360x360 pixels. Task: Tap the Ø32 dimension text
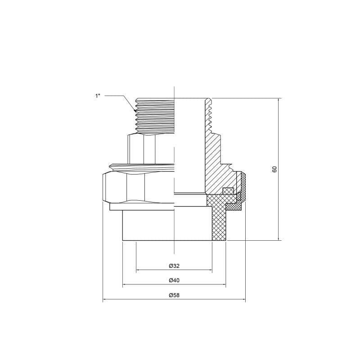tap(174, 266)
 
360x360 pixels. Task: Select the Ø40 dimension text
tap(174, 280)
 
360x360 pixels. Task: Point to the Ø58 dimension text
tap(174, 295)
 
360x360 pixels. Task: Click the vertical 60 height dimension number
tap(274, 169)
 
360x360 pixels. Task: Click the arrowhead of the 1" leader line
tap(135, 110)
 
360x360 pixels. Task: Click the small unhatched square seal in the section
tap(228, 191)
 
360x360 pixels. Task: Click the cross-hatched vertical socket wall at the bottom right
tap(219, 225)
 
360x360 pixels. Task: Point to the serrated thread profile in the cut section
tap(209, 115)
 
